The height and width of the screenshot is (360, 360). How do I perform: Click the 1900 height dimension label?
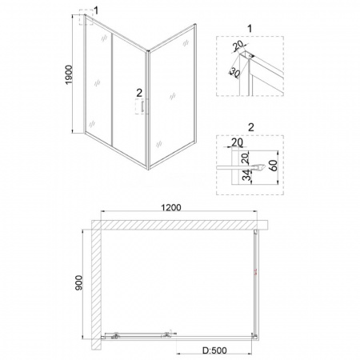[69, 75]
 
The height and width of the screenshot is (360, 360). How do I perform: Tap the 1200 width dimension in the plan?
[171, 207]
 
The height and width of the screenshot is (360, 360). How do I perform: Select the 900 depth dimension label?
[79, 283]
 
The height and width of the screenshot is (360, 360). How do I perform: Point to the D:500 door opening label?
[214, 350]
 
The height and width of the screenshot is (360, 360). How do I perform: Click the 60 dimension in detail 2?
[273, 165]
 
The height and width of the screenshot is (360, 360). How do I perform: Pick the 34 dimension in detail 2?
[248, 175]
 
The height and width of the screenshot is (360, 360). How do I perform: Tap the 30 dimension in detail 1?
[234, 73]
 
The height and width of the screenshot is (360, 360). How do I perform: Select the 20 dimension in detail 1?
[238, 46]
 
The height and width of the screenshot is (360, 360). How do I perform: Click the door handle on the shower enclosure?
[142, 106]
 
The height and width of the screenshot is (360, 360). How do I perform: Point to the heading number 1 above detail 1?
[250, 28]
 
